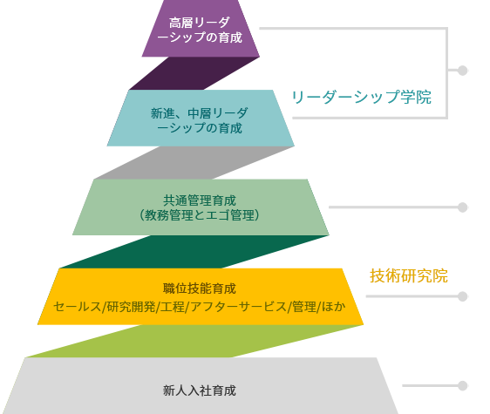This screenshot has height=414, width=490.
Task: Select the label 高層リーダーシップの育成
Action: pyautogui.click(x=200, y=30)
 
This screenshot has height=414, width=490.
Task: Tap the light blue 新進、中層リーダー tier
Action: pyautogui.click(x=201, y=119)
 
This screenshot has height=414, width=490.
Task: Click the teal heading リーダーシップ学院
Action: pyautogui.click(x=361, y=97)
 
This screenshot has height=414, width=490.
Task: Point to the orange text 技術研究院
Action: pyautogui.click(x=409, y=276)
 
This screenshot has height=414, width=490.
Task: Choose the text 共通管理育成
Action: pyautogui.click(x=200, y=200)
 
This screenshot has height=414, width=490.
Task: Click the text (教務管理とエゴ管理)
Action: pyautogui.click(x=200, y=215)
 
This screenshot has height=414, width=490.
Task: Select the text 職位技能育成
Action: pyautogui.click(x=200, y=288)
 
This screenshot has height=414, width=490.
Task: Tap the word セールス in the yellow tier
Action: pyautogui.click(x=78, y=307)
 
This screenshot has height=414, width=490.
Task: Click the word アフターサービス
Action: pyautogui.click(x=238, y=307)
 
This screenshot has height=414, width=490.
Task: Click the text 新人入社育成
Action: pyautogui.click(x=200, y=390)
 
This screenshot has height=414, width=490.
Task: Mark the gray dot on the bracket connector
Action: pyautogui.click(x=462, y=71)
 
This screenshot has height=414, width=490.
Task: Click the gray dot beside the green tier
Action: pyautogui.click(x=462, y=207)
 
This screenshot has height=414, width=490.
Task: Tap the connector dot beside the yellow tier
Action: pyautogui.click(x=462, y=296)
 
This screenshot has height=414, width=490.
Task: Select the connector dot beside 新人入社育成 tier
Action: pyautogui.click(x=462, y=385)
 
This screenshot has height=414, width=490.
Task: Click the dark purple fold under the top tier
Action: pyautogui.click(x=194, y=73)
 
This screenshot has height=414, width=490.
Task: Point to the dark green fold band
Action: pyautogui.click(x=194, y=252)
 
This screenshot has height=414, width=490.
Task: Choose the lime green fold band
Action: pyautogui.click(x=194, y=341)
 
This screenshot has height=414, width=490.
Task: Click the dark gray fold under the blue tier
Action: pyautogui.click(x=194, y=163)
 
